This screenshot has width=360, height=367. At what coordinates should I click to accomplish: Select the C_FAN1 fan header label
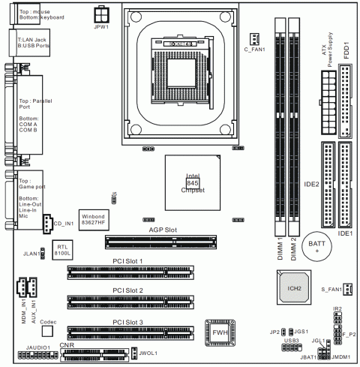pos(256,50)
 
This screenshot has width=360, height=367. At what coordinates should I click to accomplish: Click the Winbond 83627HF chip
pos(94,218)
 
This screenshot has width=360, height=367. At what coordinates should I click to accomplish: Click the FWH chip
pos(220,332)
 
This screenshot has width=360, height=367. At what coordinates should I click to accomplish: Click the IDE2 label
pos(308,182)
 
